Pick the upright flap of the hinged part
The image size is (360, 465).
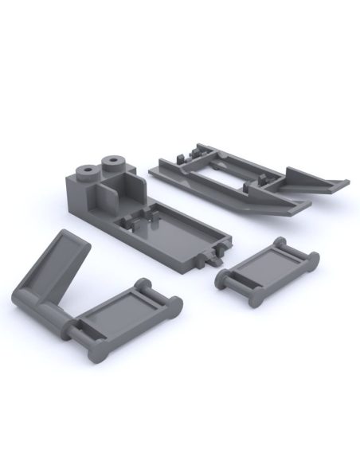point(56,263)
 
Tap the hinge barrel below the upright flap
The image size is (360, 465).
point(36,307)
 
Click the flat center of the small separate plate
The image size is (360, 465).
point(267,267)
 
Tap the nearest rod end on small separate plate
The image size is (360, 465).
point(255,299)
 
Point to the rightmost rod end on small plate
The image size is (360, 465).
point(313,259)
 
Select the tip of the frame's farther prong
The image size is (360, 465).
point(344,183)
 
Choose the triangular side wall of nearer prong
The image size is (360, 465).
point(271,199)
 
